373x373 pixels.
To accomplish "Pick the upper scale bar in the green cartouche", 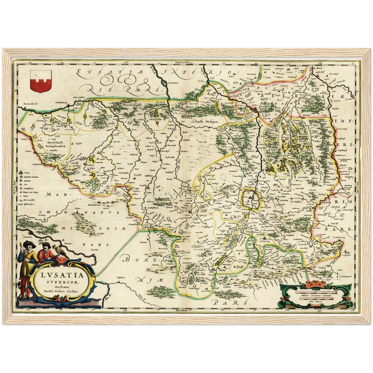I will pos(316,293).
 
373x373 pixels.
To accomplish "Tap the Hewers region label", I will pos(94,117).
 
